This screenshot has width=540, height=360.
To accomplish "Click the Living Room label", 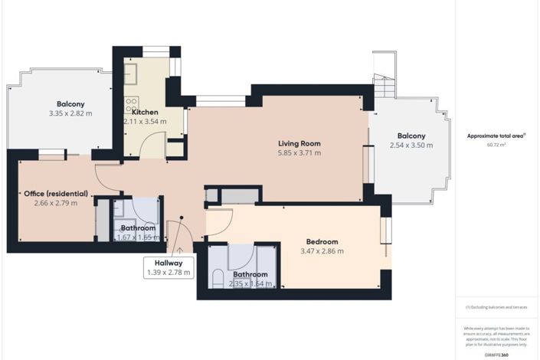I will (x=299, y=143).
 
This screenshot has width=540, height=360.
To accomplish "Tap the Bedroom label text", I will (x=321, y=241).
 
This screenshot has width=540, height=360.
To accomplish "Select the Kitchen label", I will (x=140, y=111).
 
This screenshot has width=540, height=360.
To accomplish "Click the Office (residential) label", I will (x=55, y=194).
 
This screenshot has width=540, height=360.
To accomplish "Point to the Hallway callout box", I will (x=168, y=267).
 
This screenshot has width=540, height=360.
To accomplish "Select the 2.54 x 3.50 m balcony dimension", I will (x=411, y=145).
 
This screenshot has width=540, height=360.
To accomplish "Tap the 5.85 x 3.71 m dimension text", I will (x=299, y=153).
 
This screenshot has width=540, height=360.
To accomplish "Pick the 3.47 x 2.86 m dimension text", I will (x=321, y=250).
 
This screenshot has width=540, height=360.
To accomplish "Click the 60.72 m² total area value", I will (x=497, y=144).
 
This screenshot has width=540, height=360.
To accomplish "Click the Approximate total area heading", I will (x=496, y=135).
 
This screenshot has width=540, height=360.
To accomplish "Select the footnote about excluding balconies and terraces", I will (x=496, y=307).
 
